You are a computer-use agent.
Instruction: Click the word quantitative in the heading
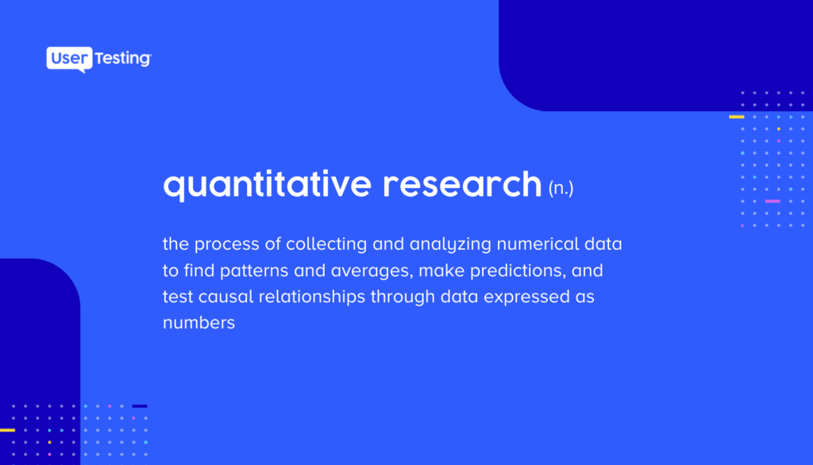(267, 185)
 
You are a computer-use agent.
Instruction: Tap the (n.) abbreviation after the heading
(561, 187)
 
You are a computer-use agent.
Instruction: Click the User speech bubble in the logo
(70, 59)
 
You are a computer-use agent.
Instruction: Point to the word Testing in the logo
(123, 59)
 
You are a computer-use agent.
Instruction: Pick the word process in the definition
(226, 244)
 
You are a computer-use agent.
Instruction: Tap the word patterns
(254, 271)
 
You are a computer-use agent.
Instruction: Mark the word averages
(372, 271)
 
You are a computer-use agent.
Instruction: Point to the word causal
(226, 297)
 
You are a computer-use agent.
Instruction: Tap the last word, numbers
(199, 322)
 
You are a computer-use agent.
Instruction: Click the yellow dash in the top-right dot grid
(736, 117)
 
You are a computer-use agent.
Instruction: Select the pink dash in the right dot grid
(773, 201)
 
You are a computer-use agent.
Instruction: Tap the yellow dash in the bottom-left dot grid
(7, 430)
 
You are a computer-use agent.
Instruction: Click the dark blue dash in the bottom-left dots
(140, 406)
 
